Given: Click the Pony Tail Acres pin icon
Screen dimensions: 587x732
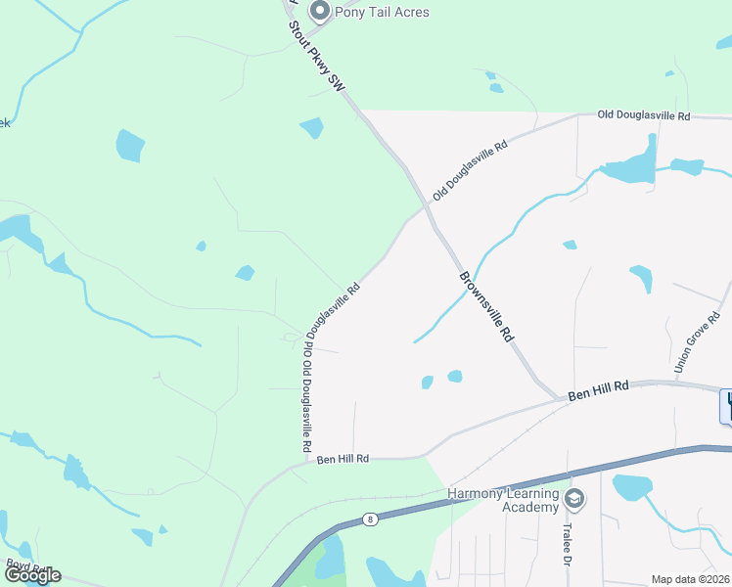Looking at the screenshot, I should click(319, 12).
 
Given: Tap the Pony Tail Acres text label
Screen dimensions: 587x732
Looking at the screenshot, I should click(382, 12).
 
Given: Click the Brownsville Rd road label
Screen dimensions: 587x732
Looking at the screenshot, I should click(486, 305).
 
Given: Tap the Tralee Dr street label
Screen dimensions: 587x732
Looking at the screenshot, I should click(567, 543).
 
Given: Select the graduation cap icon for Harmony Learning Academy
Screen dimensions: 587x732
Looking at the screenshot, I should click(574, 500).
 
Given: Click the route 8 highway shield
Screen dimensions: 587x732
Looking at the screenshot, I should click(370, 519).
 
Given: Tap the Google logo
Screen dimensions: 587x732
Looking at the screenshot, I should click(31, 575).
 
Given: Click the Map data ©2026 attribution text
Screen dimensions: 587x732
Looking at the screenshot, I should click(690, 579).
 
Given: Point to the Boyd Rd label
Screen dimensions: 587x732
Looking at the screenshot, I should click(23, 565).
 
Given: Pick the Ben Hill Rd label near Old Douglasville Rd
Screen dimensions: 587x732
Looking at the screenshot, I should click(342, 458).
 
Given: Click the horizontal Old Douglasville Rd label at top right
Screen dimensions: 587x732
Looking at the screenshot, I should click(643, 115).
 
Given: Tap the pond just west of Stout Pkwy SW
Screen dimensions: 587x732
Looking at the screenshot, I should click(311, 127).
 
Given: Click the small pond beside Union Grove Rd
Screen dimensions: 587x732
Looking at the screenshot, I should click(641, 278).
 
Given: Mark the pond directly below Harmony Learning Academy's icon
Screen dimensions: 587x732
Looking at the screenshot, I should click(631, 486).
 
